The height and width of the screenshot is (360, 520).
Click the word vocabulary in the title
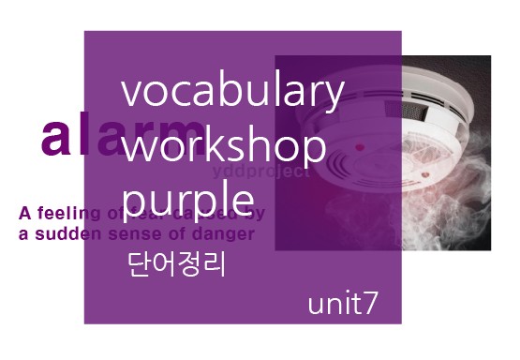(233, 94)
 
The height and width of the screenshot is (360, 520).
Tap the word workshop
(224, 147)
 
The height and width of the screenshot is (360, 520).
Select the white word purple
(188, 200)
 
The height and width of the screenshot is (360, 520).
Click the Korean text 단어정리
(177, 264)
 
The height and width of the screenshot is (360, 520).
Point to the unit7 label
(343, 304)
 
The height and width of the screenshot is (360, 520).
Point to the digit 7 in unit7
(372, 304)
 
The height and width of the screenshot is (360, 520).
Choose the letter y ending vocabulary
(334, 99)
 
